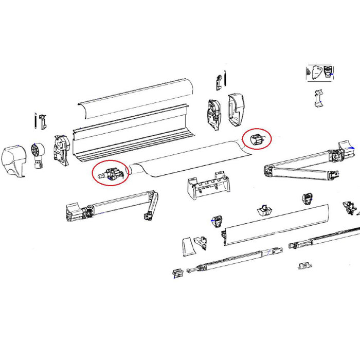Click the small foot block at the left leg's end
[x=177, y=272]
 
